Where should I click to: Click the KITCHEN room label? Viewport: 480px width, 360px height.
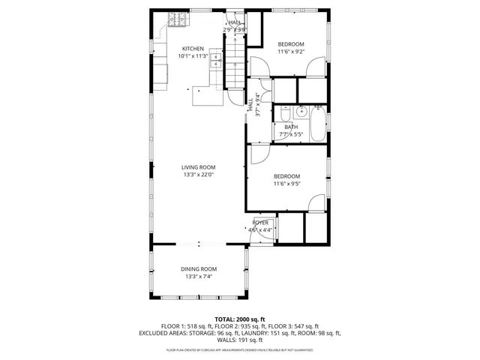192,49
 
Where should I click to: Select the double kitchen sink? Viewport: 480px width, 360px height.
216,61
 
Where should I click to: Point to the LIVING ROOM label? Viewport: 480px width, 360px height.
199,167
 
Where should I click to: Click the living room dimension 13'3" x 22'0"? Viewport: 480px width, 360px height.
199,175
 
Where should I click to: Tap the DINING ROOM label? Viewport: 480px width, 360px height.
199,269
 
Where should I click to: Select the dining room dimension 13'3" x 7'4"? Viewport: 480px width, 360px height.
199,277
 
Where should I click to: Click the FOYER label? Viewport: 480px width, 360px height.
260,223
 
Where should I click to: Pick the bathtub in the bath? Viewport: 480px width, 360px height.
318,125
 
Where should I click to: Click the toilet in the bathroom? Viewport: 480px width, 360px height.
285,114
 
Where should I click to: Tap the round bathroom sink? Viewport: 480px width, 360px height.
300,112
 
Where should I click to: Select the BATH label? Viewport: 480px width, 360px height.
291,127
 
